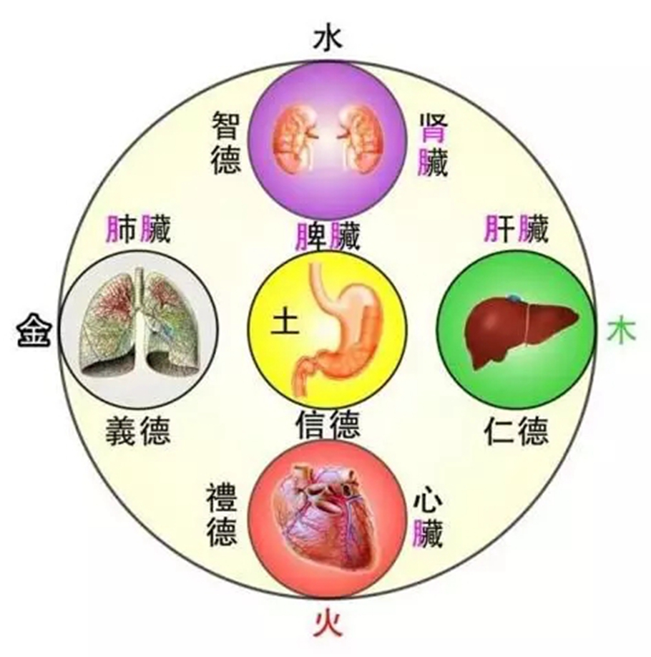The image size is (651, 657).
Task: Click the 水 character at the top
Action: click(x=328, y=39)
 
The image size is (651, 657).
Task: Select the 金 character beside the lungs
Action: click(x=34, y=331)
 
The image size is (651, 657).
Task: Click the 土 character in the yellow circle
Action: click(x=285, y=321)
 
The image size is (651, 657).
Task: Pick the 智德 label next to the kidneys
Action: click(x=226, y=142)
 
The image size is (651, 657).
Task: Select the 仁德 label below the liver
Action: click(x=516, y=430)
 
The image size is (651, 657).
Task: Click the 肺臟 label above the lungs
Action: click(x=138, y=229)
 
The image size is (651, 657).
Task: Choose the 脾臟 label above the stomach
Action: click(x=328, y=235)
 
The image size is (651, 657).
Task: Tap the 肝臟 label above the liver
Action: click(x=516, y=229)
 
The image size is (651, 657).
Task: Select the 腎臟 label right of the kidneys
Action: click(x=433, y=144)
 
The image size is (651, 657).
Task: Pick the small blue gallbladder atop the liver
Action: click(x=514, y=298)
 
